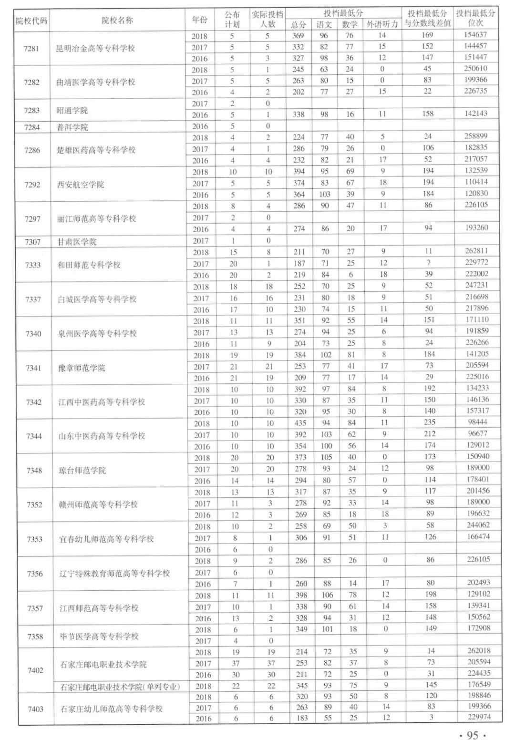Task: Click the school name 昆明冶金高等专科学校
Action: [x=95, y=49]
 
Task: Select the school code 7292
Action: [x=32, y=185]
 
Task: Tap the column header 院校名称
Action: [x=117, y=20]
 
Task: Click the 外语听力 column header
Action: [x=382, y=24]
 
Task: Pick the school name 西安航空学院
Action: [x=80, y=185]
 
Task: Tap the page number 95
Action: [x=472, y=736]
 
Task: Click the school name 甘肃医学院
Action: [x=77, y=242]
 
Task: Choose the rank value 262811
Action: [x=477, y=251]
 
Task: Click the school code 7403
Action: [x=35, y=709]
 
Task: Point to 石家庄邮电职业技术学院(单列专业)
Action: [x=120, y=687]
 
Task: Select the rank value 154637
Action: [x=475, y=35]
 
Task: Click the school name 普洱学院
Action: [x=72, y=127]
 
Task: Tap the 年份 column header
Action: [x=200, y=20]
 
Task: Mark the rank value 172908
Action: [x=478, y=628]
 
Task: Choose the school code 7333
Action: [x=33, y=265]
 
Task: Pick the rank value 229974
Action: [x=478, y=717]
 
